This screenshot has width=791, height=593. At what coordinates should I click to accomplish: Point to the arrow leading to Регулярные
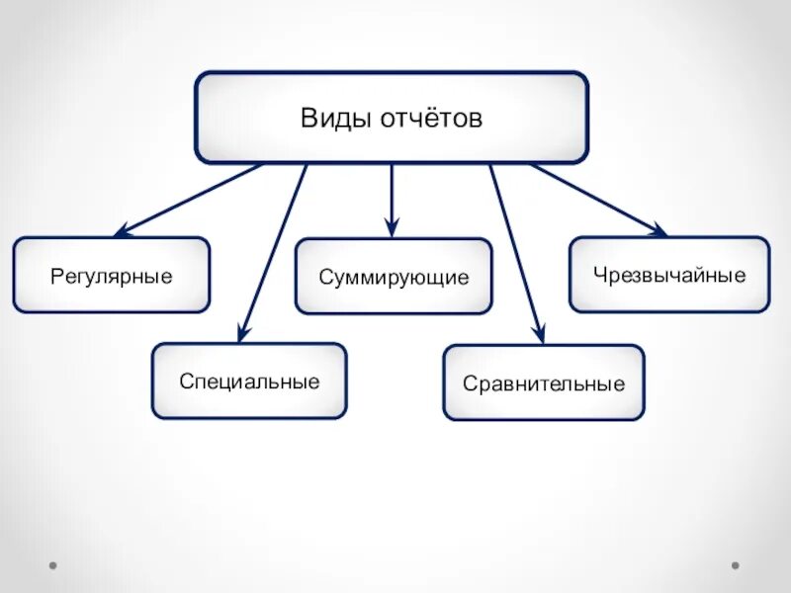[188, 200]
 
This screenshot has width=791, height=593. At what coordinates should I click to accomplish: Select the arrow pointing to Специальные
[273, 251]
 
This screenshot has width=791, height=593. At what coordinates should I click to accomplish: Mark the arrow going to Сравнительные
[515, 251]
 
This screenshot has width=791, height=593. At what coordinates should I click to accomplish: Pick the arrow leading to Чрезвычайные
[598, 200]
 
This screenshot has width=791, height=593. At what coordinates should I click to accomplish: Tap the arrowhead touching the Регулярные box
[122, 231]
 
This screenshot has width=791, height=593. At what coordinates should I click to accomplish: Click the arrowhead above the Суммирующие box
[393, 229]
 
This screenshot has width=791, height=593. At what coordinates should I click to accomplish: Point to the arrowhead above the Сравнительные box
[538, 334]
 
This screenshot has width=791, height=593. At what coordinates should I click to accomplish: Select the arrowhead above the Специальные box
[242, 333]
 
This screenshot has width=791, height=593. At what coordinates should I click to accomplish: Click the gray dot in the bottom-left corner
[52, 566]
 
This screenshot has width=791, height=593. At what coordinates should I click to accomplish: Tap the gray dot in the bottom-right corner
[735, 566]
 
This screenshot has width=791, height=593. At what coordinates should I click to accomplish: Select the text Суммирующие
[394, 278]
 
